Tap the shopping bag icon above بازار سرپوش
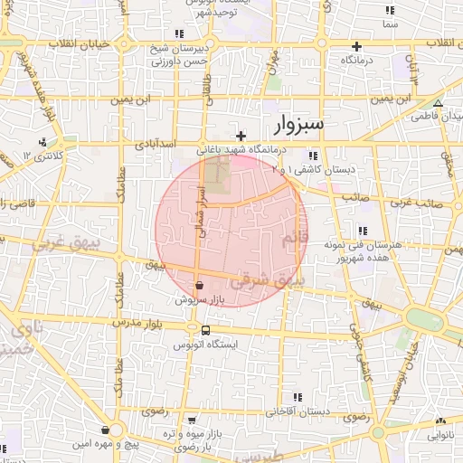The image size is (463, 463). point(198,285)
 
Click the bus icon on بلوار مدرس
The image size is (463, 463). point(206,331)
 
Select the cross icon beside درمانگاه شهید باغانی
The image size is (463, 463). point(241,136)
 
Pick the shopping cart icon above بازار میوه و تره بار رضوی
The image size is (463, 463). point(193,420)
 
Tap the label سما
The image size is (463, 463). point(390,24)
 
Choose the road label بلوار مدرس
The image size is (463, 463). point(141,323)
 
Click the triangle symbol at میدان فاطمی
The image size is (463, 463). point(438,103)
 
